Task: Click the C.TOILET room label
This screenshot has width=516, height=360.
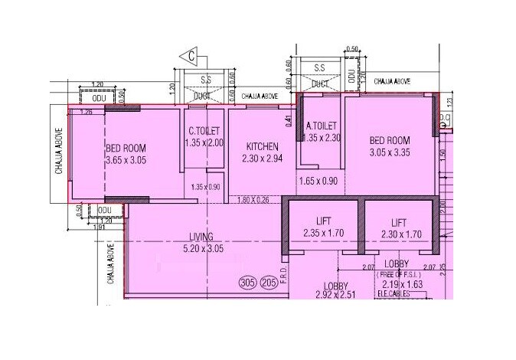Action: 202,129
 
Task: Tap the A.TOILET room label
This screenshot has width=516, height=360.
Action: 322,126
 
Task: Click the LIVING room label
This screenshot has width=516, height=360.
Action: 202,236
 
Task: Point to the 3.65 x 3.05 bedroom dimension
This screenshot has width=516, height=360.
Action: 125,161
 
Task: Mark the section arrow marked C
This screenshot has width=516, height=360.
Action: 189,55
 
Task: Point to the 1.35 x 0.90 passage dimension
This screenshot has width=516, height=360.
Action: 205,187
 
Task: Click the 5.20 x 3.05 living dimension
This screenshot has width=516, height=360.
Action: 202,248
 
